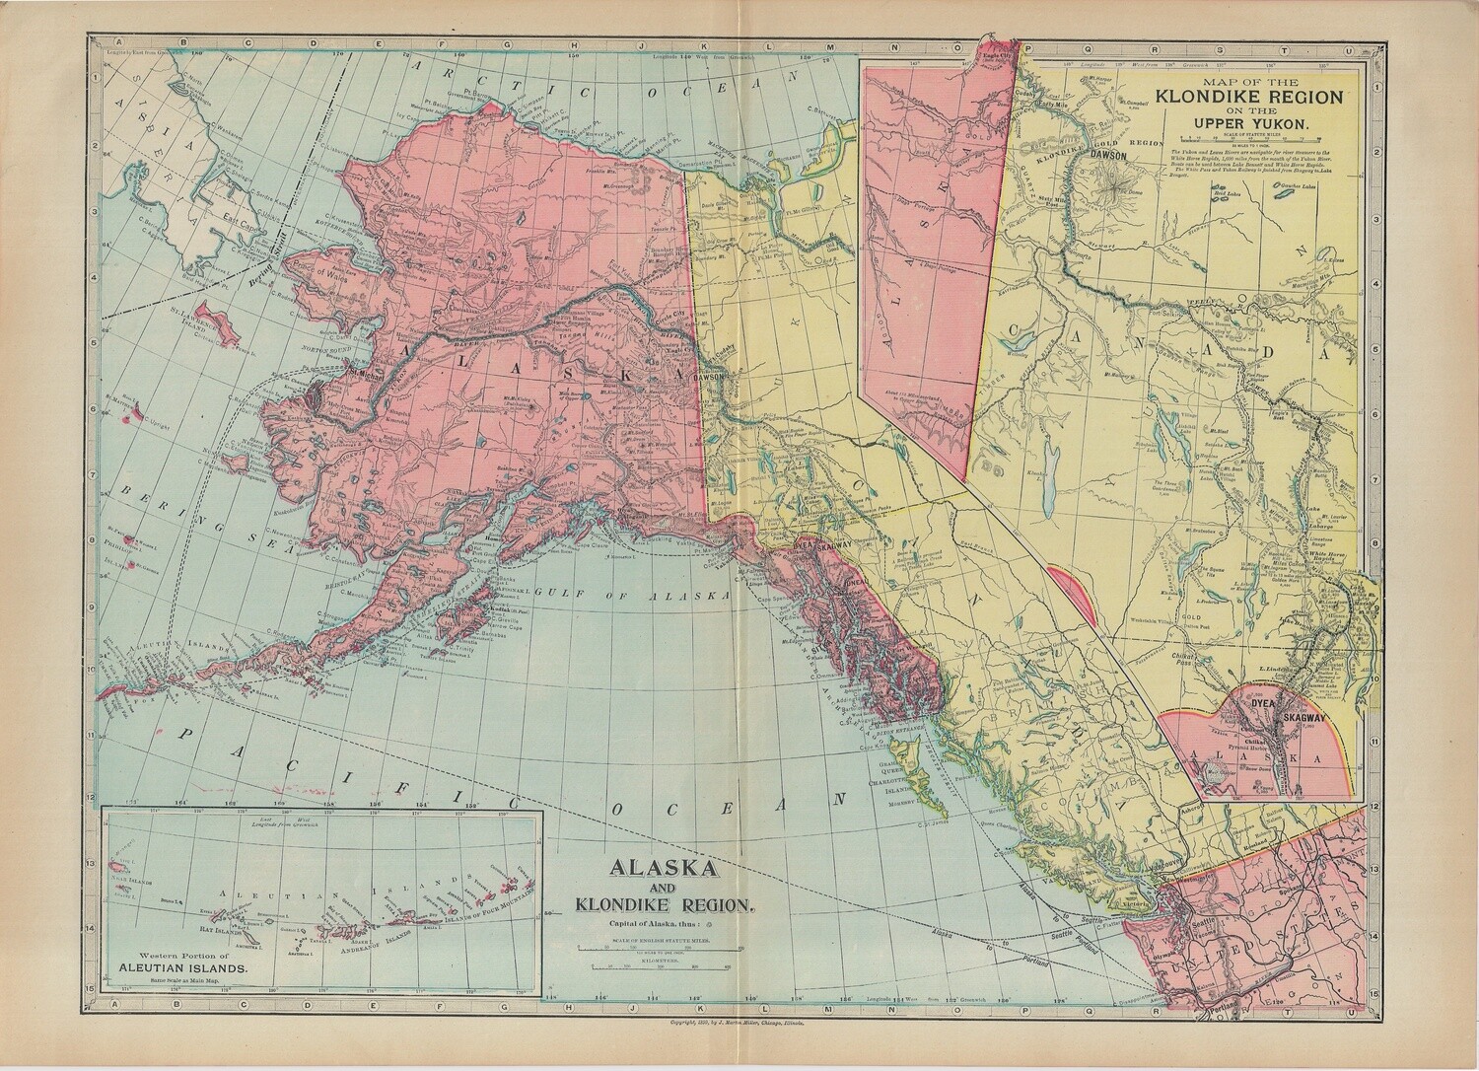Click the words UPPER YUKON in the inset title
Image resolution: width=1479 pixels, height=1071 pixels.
click(1252, 123)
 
